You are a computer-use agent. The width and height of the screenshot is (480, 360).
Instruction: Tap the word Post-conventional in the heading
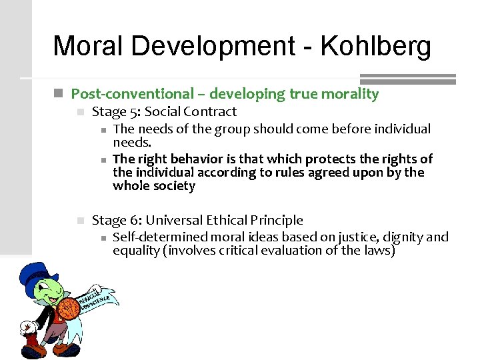(117, 94)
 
